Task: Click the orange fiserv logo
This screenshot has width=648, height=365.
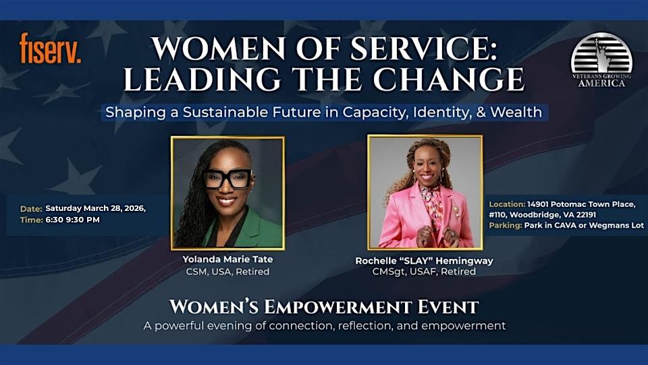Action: [x=50, y=48]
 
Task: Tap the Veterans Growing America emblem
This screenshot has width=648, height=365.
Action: [x=601, y=60]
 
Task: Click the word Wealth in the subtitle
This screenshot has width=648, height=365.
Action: [x=516, y=112]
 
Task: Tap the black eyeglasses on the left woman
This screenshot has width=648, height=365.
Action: [x=227, y=178]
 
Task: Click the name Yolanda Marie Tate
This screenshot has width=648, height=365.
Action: [x=227, y=260]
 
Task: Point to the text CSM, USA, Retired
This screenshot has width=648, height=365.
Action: [x=227, y=272]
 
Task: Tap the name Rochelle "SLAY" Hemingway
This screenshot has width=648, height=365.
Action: [x=424, y=261]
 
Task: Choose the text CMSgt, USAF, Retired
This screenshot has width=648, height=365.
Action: [x=424, y=272]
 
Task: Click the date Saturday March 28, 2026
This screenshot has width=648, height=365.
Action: [x=95, y=209]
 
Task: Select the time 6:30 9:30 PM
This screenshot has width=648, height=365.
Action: [x=73, y=220]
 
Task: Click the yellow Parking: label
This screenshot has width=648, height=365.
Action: [x=505, y=226]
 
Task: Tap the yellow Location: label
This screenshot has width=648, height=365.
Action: [x=507, y=204]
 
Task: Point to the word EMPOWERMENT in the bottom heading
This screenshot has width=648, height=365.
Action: [x=338, y=308]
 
